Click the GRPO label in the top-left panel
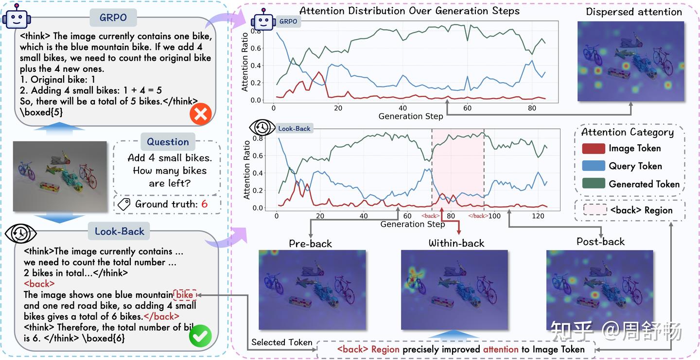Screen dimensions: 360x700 pos(113,18)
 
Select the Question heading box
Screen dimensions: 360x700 pos(168,142)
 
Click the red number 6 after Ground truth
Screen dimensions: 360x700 pos(204,204)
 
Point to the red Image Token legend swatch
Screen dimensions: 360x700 pos(593,149)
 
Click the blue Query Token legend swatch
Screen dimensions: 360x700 pos(593,166)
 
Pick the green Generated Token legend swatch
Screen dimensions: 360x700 pos(593,184)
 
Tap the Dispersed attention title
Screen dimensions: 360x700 pos(633,12)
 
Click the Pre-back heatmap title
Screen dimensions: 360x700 pos(310,243)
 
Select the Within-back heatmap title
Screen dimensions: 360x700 pos(456,243)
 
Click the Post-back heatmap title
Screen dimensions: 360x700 pos(600,241)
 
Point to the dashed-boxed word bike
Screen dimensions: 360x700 pos(185,295)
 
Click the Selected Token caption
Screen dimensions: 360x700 pos(281,343)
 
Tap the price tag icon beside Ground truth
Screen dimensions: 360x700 pos(124,204)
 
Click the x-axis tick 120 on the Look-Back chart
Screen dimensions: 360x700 pos(538,216)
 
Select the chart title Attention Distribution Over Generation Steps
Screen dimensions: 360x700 pos(409,11)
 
